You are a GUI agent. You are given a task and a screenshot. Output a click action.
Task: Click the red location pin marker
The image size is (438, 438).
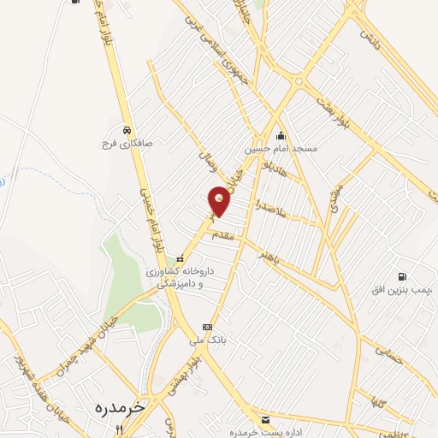point(220,200)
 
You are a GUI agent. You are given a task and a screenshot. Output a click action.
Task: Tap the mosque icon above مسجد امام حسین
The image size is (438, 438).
point(281,135)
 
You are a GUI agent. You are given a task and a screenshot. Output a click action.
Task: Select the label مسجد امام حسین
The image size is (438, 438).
point(281,148)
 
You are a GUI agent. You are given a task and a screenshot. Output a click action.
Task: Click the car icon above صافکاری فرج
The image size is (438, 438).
point(127,130)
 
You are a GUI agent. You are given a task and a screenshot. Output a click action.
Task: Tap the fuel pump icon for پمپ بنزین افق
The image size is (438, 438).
point(402,277)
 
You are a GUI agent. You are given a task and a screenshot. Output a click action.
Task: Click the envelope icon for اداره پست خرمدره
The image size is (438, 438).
point(266,420)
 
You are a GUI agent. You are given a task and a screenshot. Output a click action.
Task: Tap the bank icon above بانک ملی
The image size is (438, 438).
point(206,327)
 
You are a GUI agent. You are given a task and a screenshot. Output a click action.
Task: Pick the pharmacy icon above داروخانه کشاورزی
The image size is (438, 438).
point(180,258)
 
